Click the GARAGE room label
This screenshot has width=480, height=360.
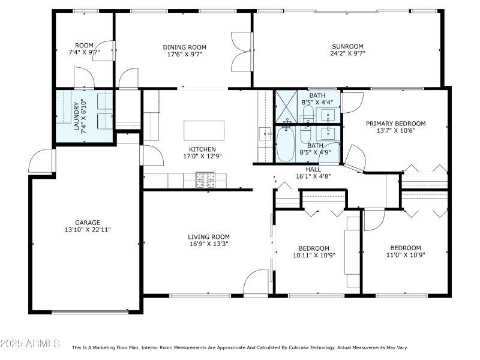[88, 222]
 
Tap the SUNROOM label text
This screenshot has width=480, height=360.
[348, 46]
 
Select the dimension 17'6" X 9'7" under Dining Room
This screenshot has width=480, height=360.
[184, 53]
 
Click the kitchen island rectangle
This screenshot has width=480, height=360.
[204, 130]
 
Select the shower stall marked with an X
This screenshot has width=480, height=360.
[286, 106]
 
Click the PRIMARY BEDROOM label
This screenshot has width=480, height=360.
[395, 123]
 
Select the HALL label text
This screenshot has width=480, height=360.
[313, 169]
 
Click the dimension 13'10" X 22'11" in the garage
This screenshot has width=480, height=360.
[88, 229]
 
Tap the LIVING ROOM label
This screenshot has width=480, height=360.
[209, 236]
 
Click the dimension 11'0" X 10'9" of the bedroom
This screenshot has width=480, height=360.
[406, 255]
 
